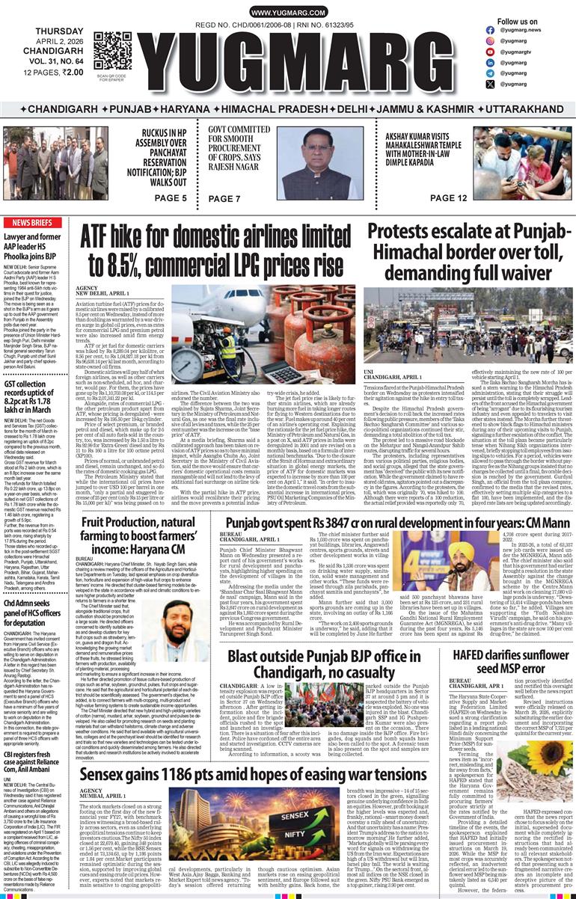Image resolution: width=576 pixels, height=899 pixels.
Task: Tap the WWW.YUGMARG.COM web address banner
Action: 287,13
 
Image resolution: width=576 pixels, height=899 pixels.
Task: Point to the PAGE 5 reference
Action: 171,198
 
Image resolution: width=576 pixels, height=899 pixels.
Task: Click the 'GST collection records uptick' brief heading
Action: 34,396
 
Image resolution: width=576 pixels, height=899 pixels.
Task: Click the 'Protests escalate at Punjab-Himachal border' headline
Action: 469,252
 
